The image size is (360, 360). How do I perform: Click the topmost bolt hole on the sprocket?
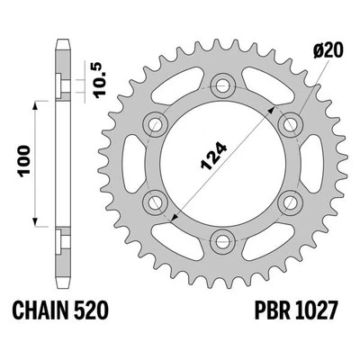click(220, 85)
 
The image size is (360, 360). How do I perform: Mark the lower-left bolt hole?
click(152, 202)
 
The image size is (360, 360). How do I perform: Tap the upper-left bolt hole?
click(152, 124)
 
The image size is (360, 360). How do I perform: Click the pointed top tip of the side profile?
click(62, 40)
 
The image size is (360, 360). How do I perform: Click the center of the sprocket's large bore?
click(220, 164)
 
